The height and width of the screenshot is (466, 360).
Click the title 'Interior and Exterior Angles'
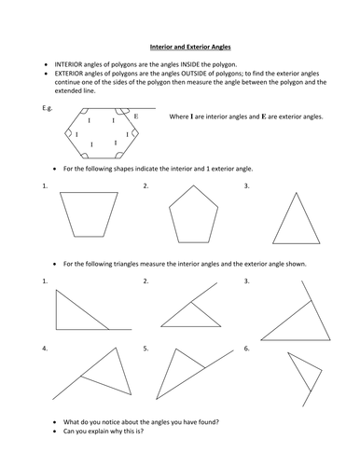coord(190,47)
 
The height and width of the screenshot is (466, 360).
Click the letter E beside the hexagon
coord(136,116)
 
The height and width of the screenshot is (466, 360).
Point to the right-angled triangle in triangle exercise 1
coord(56,309)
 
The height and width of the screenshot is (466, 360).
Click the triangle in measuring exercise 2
coord(191,326)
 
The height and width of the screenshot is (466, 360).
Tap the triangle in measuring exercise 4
coord(124,371)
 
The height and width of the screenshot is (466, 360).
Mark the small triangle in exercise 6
coord(305,362)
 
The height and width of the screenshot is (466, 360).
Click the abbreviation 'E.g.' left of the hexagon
coord(48,108)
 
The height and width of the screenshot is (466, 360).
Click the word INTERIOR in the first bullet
coord(69,64)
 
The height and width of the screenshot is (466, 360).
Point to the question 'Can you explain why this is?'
coord(104,432)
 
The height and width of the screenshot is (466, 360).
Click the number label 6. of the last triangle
coord(246,349)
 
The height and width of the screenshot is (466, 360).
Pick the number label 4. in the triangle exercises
coord(45,349)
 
